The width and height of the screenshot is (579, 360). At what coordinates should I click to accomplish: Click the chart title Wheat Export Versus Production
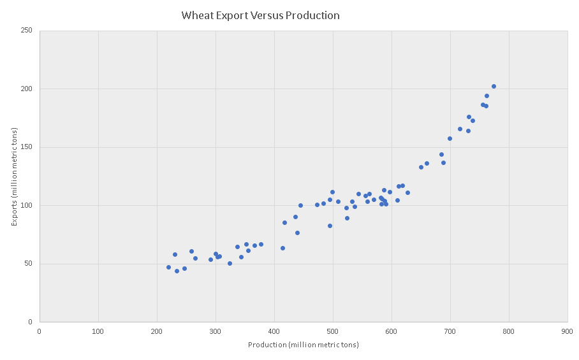tap(260, 15)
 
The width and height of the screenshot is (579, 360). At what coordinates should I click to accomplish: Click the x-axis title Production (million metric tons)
tap(304, 345)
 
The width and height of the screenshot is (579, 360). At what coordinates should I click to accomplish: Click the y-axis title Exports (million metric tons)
tap(15, 176)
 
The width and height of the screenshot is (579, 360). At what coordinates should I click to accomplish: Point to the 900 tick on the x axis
tap(567, 331)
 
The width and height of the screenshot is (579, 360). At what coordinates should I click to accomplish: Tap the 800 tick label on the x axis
tap(508, 331)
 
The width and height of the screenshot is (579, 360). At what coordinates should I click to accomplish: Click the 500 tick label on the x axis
tap(332, 331)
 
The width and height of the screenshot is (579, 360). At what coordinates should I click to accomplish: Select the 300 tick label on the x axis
tap(215, 331)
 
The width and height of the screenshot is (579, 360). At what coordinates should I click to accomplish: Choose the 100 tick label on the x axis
tap(98, 331)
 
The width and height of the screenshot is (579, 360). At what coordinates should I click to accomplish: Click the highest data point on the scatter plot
tap(494, 86)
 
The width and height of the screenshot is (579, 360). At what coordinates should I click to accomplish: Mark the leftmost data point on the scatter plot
tap(168, 267)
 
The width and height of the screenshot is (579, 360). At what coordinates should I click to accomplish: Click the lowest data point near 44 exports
tap(177, 271)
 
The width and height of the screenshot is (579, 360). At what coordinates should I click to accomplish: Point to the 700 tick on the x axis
tap(450, 331)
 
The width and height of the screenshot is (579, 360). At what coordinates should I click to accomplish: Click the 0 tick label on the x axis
tap(40, 331)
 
